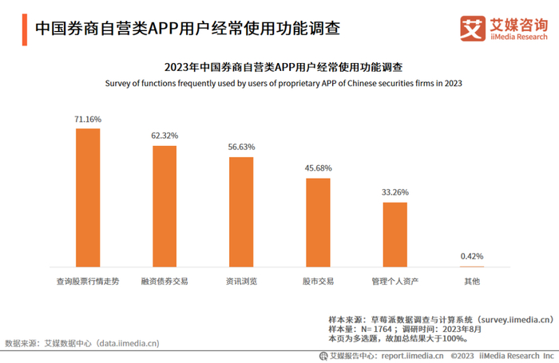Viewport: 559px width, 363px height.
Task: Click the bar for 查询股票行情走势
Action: pos(88,197)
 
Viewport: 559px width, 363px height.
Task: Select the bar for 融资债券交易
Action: pos(165,206)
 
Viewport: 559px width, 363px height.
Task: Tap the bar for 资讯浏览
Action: pos(241,211)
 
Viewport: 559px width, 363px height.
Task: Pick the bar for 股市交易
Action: pos(318,222)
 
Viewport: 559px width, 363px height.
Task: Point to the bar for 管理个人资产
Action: pos(395,234)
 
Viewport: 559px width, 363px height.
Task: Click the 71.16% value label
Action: pos(88,119)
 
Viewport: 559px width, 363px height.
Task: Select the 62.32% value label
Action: pos(165,136)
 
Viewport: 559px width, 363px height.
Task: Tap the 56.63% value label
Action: pos(241,147)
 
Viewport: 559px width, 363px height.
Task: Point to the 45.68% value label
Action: pos(318,168)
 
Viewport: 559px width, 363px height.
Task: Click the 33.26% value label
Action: pos(395,192)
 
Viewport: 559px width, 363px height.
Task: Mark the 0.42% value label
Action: pos(472,256)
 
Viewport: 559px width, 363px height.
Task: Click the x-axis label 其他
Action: pos(472,282)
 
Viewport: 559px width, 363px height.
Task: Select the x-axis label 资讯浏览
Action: pos(241,282)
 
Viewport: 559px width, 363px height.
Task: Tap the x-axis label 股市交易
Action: pos(318,282)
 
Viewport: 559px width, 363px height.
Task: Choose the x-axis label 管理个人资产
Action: pos(395,282)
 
